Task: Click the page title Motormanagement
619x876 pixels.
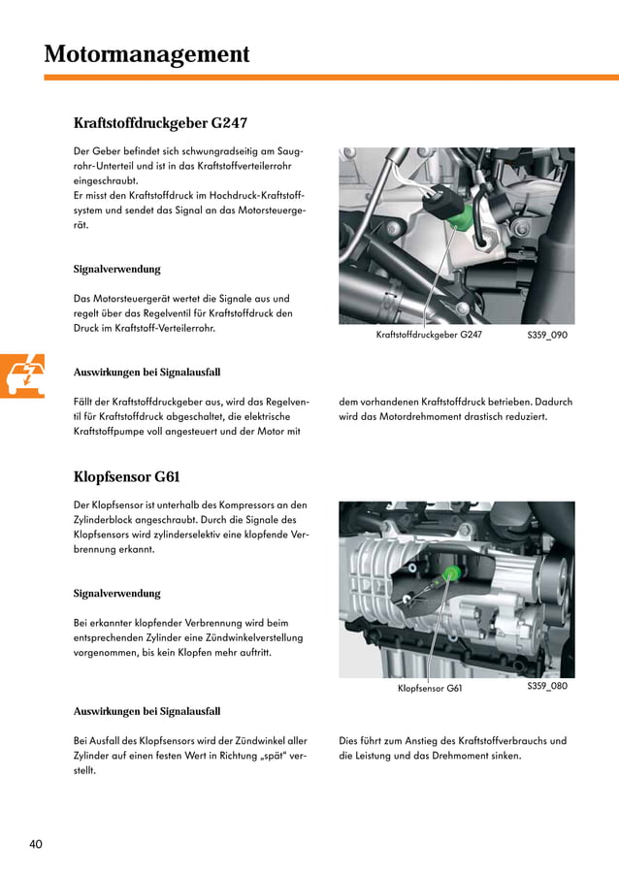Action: [x=147, y=54]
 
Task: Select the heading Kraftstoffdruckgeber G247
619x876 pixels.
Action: [x=160, y=123]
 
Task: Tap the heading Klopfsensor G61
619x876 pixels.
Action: [x=126, y=476]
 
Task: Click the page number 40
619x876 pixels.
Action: [x=36, y=844]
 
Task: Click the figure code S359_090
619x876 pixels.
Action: [x=547, y=335]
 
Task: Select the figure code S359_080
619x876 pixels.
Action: [x=547, y=686]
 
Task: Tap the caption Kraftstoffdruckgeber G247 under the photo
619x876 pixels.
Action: [x=429, y=335]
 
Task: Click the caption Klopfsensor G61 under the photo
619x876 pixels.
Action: [x=430, y=689]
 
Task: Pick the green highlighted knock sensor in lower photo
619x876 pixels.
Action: [x=448, y=574]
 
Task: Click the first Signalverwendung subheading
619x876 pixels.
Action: [x=116, y=269]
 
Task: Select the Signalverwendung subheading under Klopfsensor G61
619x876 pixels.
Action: [x=116, y=593]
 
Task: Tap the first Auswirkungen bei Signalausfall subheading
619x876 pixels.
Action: [x=147, y=372]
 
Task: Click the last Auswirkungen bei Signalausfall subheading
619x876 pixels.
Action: [x=147, y=711]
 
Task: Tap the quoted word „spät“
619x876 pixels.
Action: [x=263, y=756]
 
